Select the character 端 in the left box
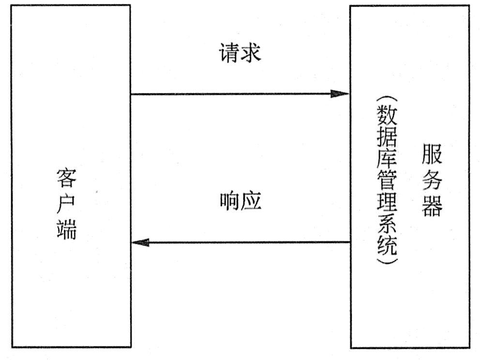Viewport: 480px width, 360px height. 66,231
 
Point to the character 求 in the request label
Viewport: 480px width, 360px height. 251,53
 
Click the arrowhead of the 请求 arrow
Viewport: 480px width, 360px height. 341,94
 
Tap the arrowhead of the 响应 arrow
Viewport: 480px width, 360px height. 140,242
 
